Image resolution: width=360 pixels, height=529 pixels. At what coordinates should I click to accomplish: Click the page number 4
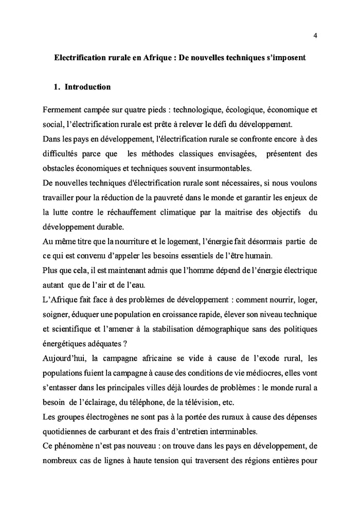coord(315,36)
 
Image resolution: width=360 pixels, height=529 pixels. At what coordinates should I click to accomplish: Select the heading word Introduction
coord(87,87)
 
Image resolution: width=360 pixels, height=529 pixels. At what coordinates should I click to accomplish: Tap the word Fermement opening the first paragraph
coord(63,111)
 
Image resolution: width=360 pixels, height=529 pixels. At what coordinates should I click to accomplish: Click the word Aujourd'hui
coord(65,357)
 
